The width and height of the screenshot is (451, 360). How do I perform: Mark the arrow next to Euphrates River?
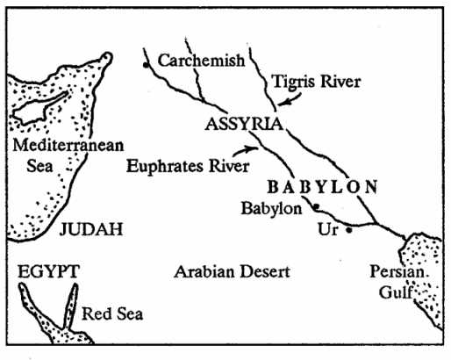pos(251,150)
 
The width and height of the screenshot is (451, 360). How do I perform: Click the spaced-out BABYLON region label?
pos(322,186)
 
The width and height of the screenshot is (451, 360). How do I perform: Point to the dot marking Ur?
pos(349,230)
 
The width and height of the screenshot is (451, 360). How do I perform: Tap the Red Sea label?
pos(112,313)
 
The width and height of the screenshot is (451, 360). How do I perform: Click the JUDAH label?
pos(90,230)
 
